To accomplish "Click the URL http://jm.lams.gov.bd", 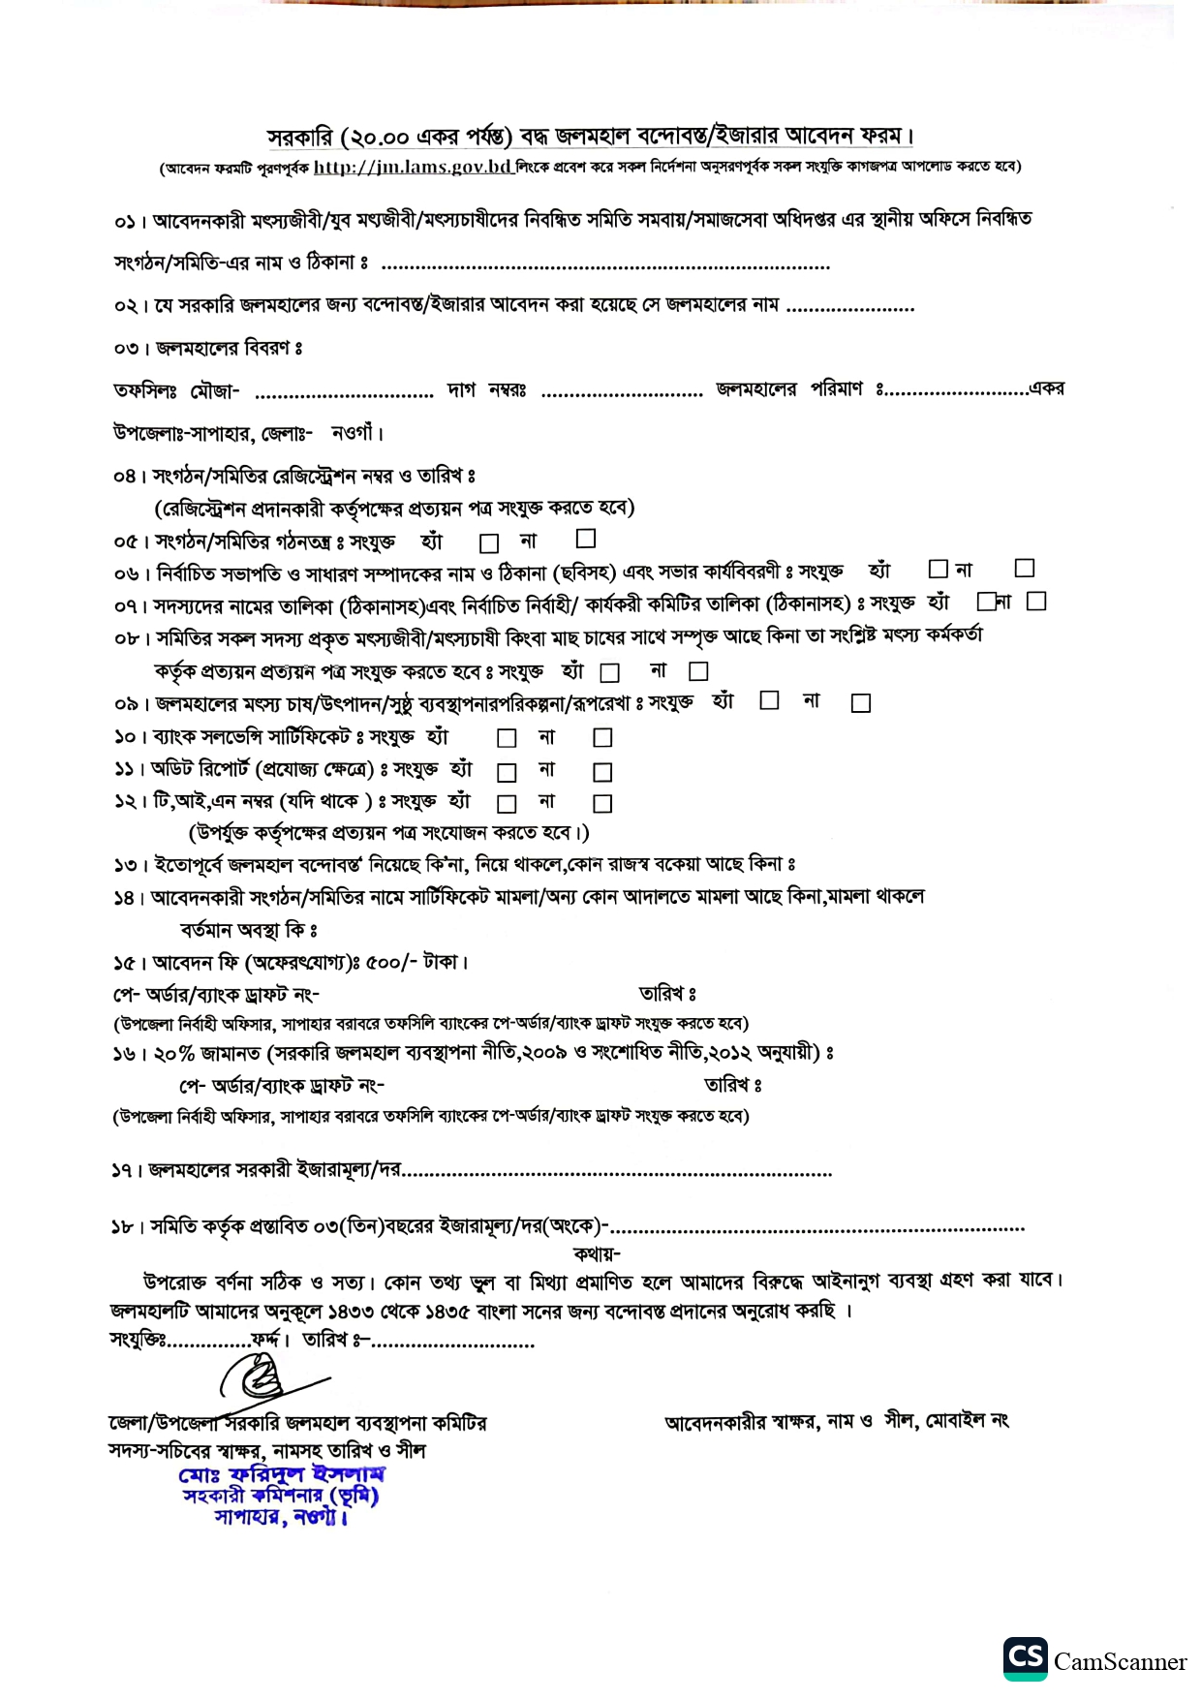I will pyautogui.click(x=413, y=167).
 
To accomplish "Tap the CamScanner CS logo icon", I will pyautogui.click(x=1025, y=1657).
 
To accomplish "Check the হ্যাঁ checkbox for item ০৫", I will pyautogui.click(x=490, y=542).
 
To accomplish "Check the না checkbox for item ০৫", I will pyautogui.click(x=586, y=538).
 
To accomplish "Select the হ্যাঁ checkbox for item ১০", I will pyautogui.click(x=507, y=738).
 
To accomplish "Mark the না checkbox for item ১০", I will pyautogui.click(x=602, y=738).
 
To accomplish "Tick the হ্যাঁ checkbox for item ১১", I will pyautogui.click(x=507, y=772).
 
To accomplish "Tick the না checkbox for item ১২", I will pyautogui.click(x=602, y=803).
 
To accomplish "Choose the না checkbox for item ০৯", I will pyautogui.click(x=860, y=703).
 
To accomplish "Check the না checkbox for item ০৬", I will pyautogui.click(x=1025, y=568).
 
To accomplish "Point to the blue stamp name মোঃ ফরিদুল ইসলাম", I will pyautogui.click(x=282, y=1474).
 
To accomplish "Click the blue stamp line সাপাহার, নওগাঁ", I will pyautogui.click(x=281, y=1517).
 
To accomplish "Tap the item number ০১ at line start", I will pyautogui.click(x=125, y=223).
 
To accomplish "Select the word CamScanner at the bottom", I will pyautogui.click(x=1120, y=1662).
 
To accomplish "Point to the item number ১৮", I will pyautogui.click(x=123, y=1227).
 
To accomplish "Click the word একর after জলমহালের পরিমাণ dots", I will pyautogui.click(x=1047, y=388).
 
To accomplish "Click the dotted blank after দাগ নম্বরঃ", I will pyautogui.click(x=622, y=393).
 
